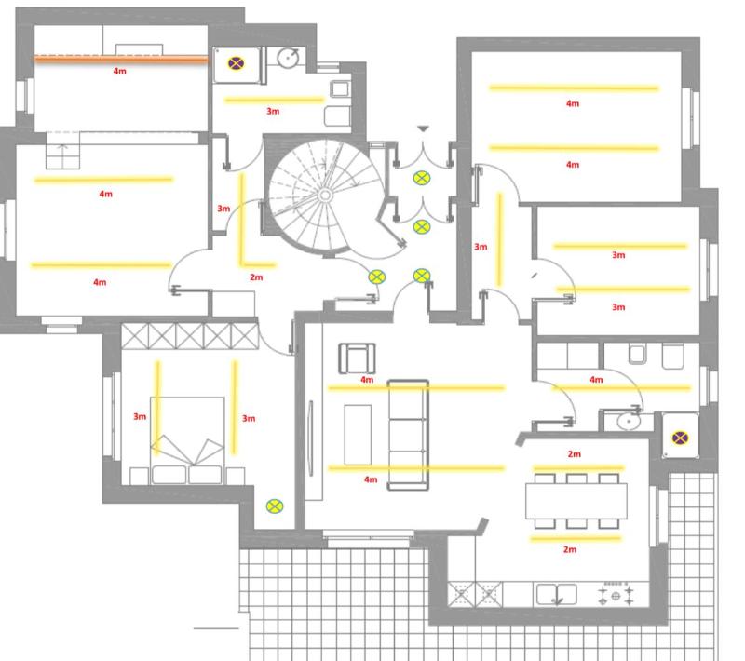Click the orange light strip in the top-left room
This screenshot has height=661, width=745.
click(121, 60)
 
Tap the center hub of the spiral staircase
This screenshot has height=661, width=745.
click(325, 196)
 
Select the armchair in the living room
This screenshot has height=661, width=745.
click(357, 358)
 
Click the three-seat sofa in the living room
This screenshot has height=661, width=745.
click(408, 435)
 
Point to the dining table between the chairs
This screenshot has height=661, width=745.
click(576, 501)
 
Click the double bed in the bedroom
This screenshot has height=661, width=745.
click(187, 440)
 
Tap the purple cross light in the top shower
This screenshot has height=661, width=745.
click(237, 63)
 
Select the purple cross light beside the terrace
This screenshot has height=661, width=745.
click(680, 438)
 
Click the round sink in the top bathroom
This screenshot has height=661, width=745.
click(288, 58)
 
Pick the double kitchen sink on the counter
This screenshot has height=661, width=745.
click(556, 595)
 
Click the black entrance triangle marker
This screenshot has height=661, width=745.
click(424, 128)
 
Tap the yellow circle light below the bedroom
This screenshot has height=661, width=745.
click(275, 506)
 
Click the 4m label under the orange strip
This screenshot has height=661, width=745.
click(120, 71)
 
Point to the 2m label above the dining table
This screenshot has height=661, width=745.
click(574, 454)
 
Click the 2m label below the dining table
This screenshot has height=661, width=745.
click(570, 549)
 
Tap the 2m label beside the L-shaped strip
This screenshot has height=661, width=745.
click(256, 277)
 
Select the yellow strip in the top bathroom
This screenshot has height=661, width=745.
click(274, 101)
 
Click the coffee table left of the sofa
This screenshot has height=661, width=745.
click(358, 435)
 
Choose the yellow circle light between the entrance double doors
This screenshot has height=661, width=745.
click(422, 178)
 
